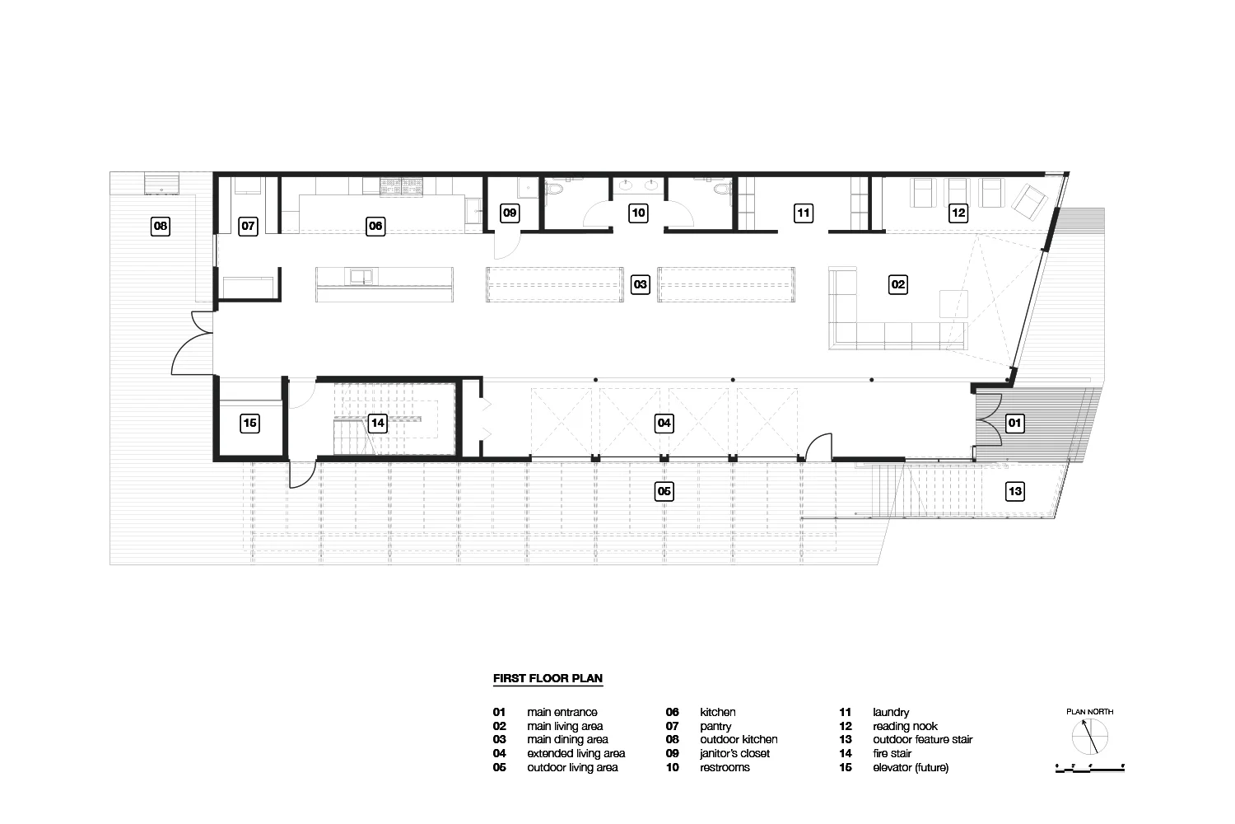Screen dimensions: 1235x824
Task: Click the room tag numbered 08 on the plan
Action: (x=161, y=227)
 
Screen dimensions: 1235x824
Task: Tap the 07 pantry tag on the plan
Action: (x=248, y=227)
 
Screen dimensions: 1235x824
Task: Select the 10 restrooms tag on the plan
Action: (x=638, y=213)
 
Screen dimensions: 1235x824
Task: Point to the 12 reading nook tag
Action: (x=958, y=213)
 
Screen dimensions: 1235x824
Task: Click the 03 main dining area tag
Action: (x=640, y=285)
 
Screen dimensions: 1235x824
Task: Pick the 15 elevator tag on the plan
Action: (x=249, y=424)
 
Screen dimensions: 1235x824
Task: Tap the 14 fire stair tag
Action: (x=378, y=424)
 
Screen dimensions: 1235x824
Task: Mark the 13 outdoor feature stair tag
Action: (x=1015, y=491)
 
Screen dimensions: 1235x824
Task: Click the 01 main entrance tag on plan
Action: (x=1015, y=424)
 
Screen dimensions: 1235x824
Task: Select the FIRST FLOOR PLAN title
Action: (x=548, y=678)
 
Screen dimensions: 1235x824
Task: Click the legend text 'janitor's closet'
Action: (x=735, y=753)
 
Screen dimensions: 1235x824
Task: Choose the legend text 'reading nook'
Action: (x=906, y=726)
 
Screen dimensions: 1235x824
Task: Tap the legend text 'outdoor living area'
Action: (x=573, y=767)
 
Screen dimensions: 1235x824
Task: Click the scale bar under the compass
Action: (x=1090, y=768)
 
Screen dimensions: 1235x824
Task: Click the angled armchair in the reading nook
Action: (x=1029, y=201)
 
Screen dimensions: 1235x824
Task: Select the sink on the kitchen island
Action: (x=361, y=276)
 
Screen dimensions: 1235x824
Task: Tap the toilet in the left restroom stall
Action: (x=554, y=190)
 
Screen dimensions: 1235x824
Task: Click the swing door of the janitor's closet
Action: (x=506, y=246)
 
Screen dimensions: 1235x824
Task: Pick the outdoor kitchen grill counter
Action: (x=161, y=183)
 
